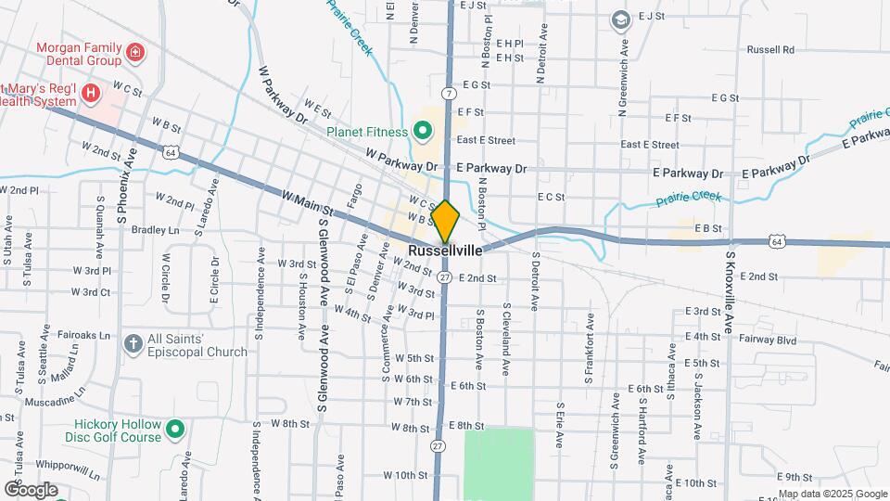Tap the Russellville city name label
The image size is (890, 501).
(446, 250)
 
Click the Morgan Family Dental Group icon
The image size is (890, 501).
(135, 52)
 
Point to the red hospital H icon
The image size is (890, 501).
(90, 92)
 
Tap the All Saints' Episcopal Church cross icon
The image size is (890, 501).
(133, 344)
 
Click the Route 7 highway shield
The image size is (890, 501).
(449, 93)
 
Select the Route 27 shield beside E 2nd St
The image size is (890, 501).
(446, 277)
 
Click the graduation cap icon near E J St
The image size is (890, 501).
(619, 19)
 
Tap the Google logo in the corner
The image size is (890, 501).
(30, 489)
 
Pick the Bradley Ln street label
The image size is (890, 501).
(155, 229)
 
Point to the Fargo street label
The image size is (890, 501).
(353, 194)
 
